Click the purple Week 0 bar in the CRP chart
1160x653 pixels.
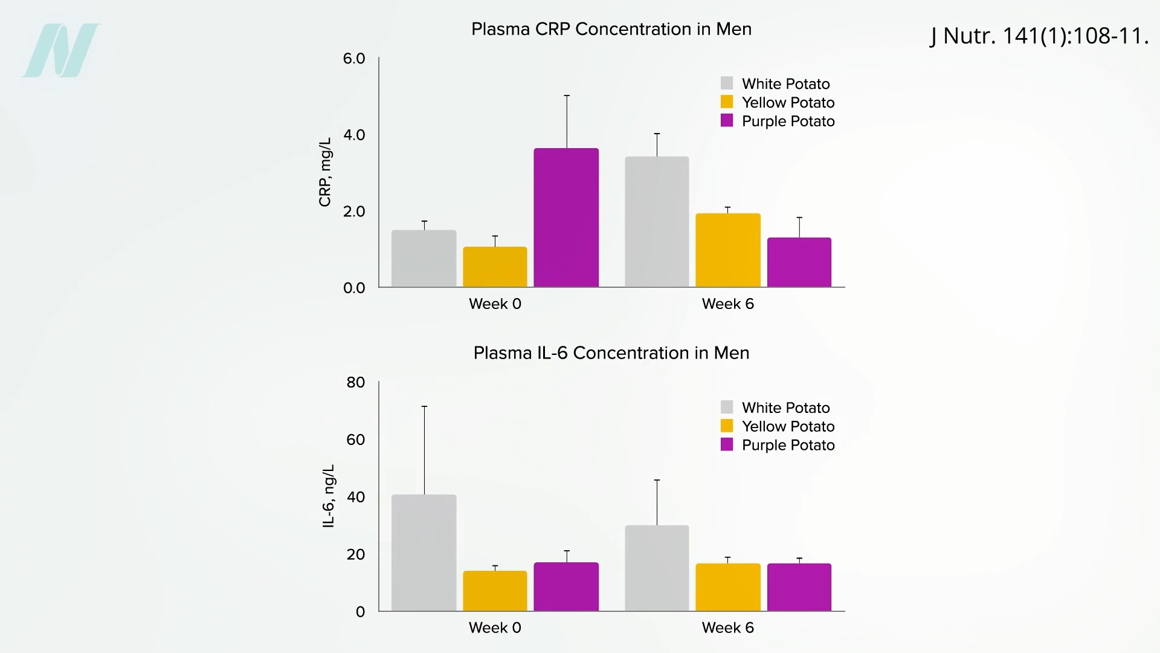566,218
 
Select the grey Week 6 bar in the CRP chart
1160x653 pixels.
657,222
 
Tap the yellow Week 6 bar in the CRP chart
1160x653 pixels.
727,250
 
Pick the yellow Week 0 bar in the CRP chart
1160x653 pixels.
495,267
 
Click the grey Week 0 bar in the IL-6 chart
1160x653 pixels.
424,553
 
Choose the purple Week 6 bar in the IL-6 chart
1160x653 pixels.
799,587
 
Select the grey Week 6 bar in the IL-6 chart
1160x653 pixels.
657,568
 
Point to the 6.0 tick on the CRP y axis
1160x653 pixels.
354,59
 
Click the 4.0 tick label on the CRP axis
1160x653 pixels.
354,135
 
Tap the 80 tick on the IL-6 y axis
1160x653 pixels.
356,382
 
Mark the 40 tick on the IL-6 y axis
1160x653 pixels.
356,497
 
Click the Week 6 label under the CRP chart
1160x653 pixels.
727,304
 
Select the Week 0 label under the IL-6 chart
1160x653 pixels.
495,628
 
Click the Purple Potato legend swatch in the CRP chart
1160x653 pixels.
727,120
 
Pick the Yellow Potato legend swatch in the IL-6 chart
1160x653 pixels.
727,426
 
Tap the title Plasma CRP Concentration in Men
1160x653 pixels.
611,29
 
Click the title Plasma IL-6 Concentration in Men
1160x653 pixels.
611,352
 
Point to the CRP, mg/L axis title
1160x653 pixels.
325,172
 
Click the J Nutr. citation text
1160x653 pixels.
1039,36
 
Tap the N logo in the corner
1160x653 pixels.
61,50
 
